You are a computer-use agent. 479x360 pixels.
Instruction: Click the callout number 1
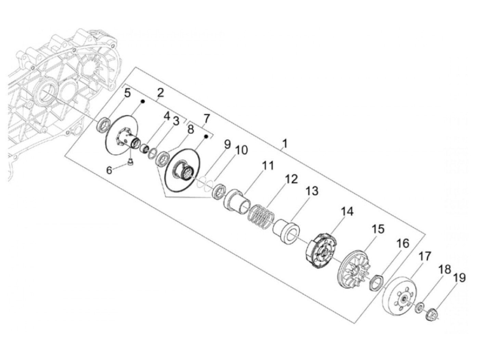[x=285, y=144]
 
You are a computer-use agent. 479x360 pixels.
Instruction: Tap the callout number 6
[x=109, y=170]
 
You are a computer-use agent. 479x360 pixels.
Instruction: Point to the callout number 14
[x=347, y=211]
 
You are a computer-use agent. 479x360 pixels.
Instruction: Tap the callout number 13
[x=312, y=191]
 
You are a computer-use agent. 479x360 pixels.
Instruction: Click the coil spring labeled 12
[x=261, y=217]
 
